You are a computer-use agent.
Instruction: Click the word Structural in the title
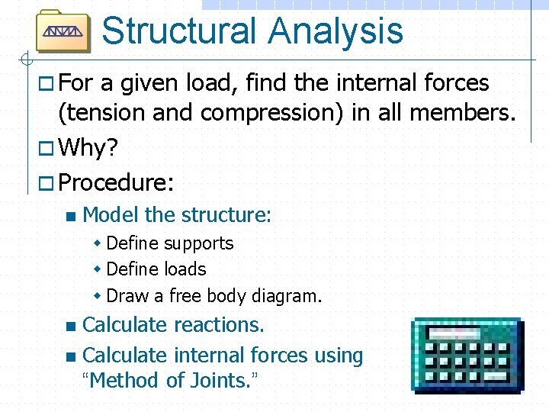tap(178, 31)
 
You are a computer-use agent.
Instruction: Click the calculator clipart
tap(466, 355)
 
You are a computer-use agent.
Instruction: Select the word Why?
tap(88, 147)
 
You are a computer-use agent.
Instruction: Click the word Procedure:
tap(116, 182)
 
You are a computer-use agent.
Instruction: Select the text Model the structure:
tap(176, 215)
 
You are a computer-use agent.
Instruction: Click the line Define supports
tap(170, 243)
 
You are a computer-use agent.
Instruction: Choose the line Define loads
tap(156, 269)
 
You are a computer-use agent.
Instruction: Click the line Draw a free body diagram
tap(214, 295)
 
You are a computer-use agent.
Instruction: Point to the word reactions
tap(219, 325)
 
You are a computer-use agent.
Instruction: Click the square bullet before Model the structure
tap(71, 216)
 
